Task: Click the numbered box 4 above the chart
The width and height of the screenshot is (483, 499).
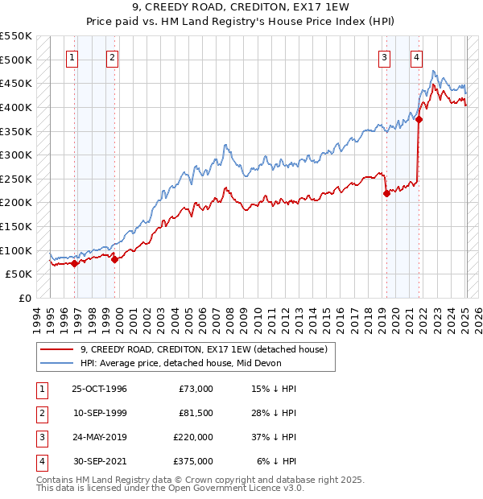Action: (x=416, y=57)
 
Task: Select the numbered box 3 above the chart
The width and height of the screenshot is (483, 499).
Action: (x=385, y=57)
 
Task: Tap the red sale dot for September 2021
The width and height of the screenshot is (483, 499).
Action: (x=419, y=119)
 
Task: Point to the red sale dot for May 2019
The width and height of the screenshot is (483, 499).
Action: (x=386, y=193)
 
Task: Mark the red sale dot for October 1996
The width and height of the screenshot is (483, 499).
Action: (x=74, y=262)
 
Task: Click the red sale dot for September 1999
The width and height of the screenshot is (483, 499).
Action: (x=114, y=258)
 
